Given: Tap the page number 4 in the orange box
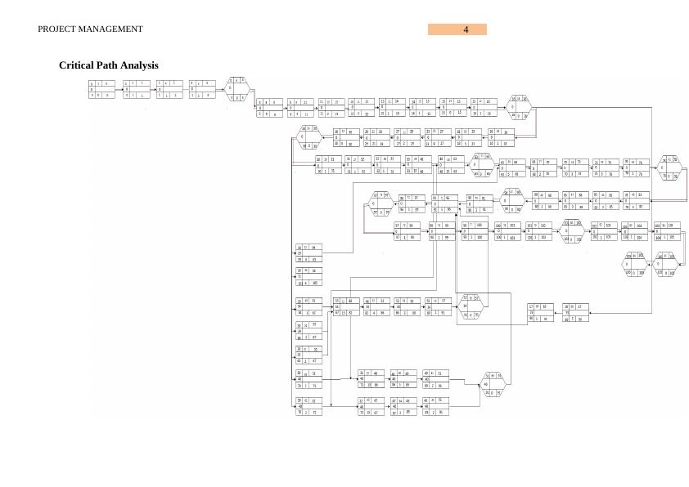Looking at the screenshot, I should pyautogui.click(x=466, y=29).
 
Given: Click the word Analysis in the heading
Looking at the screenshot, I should pyautogui.click(x=141, y=65).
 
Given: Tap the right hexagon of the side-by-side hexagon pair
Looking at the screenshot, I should pyautogui.click(x=665, y=264).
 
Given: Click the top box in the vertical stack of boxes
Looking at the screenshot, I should pyautogui.click(x=308, y=253).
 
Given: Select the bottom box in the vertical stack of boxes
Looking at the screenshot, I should pyautogui.click(x=308, y=406).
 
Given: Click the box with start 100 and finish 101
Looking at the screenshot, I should pyautogui.click(x=507, y=231).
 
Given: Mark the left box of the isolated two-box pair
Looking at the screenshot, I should pyautogui.click(x=541, y=313).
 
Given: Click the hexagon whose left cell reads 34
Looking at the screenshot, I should pyautogui.click(x=472, y=306).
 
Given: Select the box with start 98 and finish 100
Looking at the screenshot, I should pyautogui.click(x=475, y=231).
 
